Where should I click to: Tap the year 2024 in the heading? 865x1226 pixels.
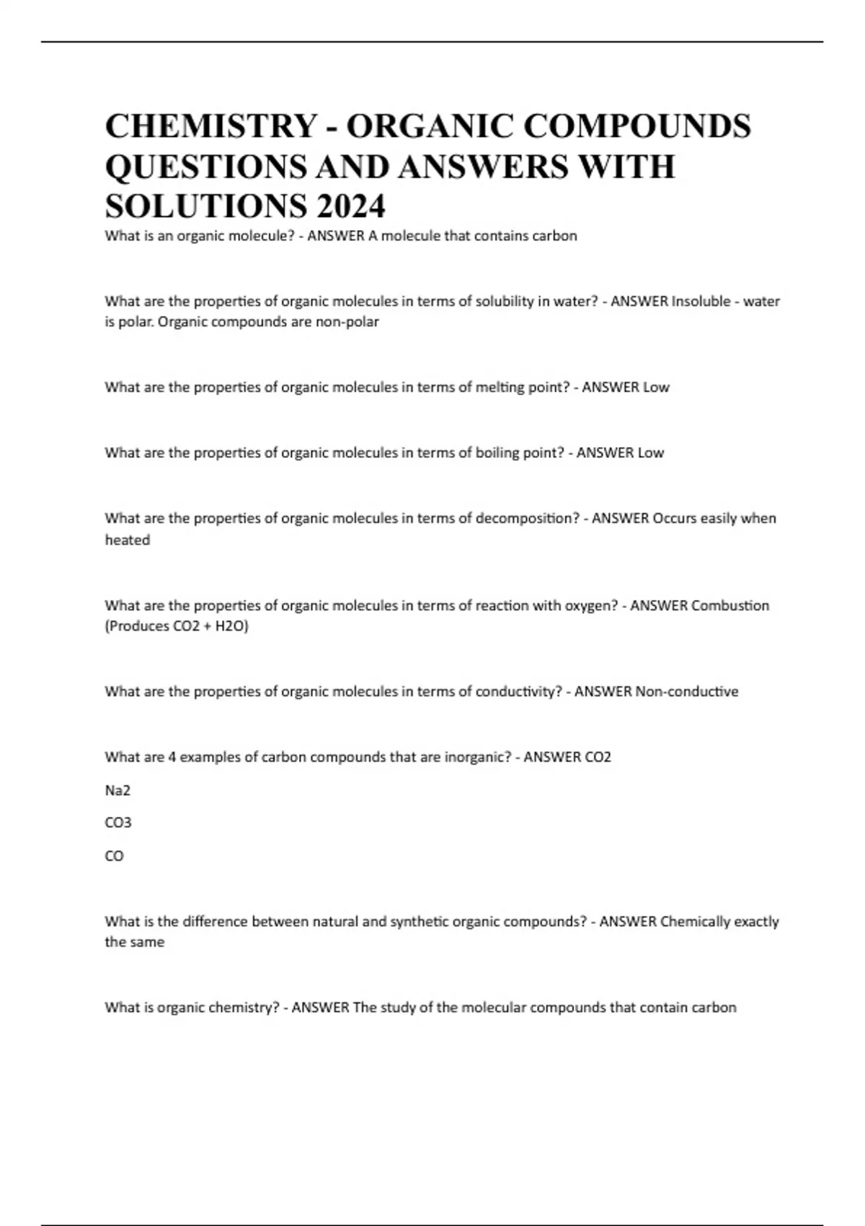click(350, 206)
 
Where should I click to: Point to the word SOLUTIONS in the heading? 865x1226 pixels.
click(205, 206)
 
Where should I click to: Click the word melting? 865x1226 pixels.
click(500, 387)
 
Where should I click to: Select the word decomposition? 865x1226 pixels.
click(527, 519)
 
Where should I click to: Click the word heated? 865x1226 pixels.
click(128, 540)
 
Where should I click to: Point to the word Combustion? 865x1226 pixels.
click(729, 606)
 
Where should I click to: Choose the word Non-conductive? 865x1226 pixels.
click(686, 692)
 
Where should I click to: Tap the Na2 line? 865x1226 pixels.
click(117, 790)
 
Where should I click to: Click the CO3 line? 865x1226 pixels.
click(118, 823)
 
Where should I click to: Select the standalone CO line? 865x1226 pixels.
click(114, 856)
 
